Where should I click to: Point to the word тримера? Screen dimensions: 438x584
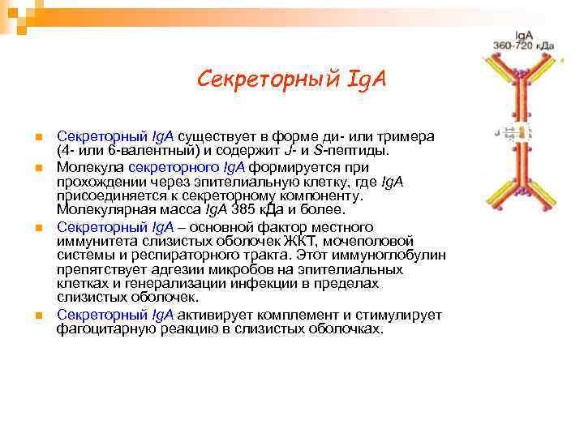click(x=406, y=135)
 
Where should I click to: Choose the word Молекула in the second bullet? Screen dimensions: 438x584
click(x=89, y=165)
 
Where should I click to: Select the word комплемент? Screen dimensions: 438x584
click(x=303, y=315)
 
